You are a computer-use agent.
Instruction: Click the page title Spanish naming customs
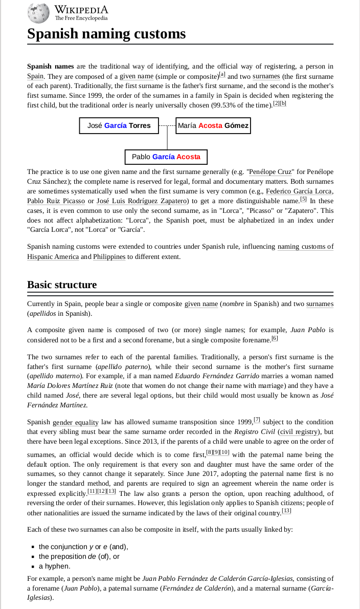click(x=106, y=34)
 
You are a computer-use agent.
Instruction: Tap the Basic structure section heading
click(x=62, y=285)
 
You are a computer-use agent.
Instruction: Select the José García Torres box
click(x=119, y=126)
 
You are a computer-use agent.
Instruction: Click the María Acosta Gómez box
click(x=213, y=126)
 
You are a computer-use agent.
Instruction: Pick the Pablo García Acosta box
click(x=166, y=157)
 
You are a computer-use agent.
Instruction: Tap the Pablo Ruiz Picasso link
click(x=56, y=201)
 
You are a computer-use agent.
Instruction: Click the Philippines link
click(x=109, y=256)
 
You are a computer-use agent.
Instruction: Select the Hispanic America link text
click(x=53, y=256)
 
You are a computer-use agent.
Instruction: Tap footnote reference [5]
click(x=303, y=199)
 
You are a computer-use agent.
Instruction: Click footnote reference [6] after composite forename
click(x=274, y=338)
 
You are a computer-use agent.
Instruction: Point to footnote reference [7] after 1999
click(x=257, y=420)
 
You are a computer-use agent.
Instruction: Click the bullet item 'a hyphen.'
click(x=55, y=567)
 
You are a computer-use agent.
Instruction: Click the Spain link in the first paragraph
click(x=35, y=76)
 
